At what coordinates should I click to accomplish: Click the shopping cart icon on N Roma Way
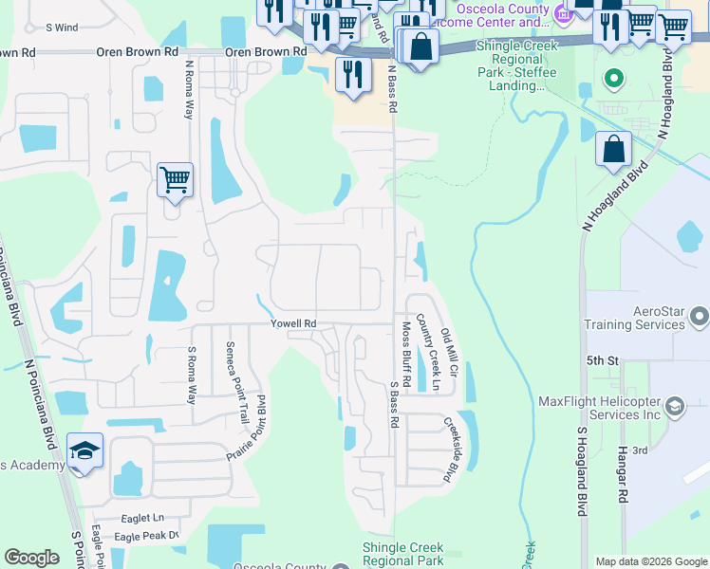pos(176,178)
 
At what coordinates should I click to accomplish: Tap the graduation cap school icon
pos(84,453)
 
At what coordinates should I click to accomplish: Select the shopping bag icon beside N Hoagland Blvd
pos(614,149)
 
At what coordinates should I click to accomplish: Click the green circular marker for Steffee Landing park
pos(614,79)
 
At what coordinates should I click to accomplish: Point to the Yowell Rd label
pos(292,323)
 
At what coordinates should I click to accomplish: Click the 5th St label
pos(602,361)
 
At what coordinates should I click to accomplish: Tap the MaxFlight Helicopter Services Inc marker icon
pos(675,407)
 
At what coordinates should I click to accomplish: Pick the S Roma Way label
pos(191,375)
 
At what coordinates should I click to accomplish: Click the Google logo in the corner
pos(31,558)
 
